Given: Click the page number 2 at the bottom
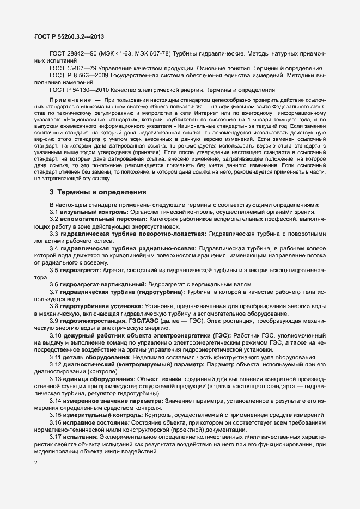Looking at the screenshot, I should pos(36,463).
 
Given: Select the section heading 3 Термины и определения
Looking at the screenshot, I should pos(98,192).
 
